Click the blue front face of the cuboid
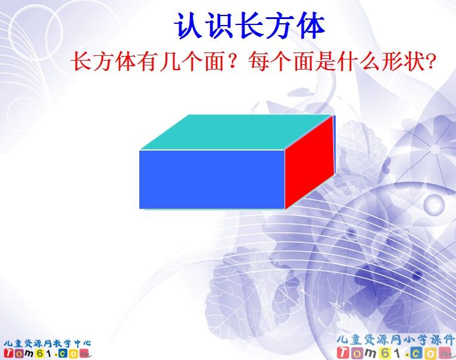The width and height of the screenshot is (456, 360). [211, 179]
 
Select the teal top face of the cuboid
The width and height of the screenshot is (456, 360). [236, 132]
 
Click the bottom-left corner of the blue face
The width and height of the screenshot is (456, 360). [140, 208]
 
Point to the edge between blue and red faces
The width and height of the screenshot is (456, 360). [285, 179]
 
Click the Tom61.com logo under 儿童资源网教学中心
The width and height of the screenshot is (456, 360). [46, 353]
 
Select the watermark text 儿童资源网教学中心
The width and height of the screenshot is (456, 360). [46, 343]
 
